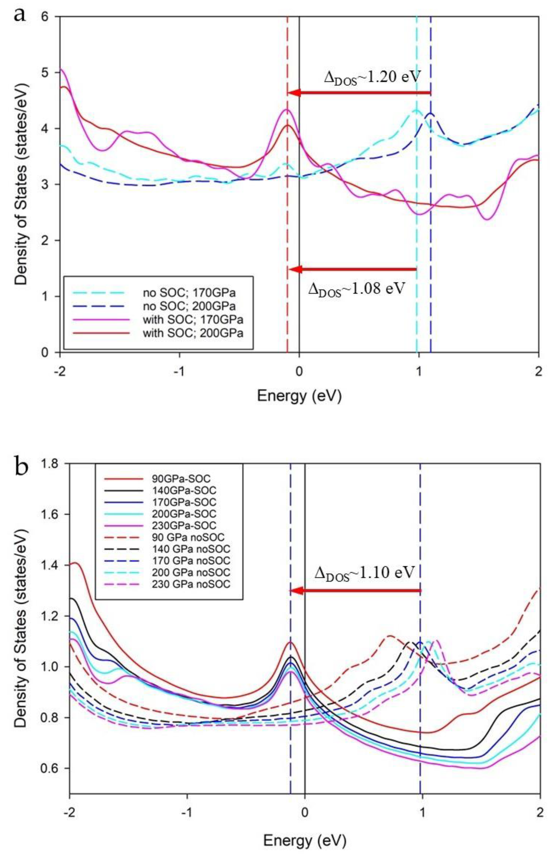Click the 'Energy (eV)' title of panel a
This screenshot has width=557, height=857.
click(x=299, y=396)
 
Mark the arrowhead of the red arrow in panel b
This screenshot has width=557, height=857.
click(x=296, y=591)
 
